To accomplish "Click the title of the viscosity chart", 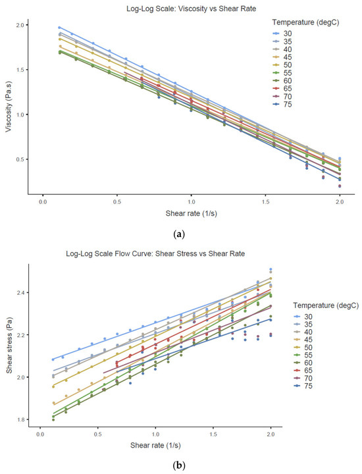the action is point(192,9).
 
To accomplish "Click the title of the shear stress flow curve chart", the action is point(155,253).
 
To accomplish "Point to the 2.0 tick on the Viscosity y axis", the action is point(20,25).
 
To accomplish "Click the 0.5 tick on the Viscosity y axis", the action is point(20,159).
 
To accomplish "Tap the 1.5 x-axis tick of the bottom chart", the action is point(213,434).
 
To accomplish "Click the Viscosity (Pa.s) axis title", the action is point(9,109).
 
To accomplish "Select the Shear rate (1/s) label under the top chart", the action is point(192,213).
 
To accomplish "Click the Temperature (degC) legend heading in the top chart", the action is point(305,22).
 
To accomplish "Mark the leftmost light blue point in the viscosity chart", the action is point(59,28).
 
